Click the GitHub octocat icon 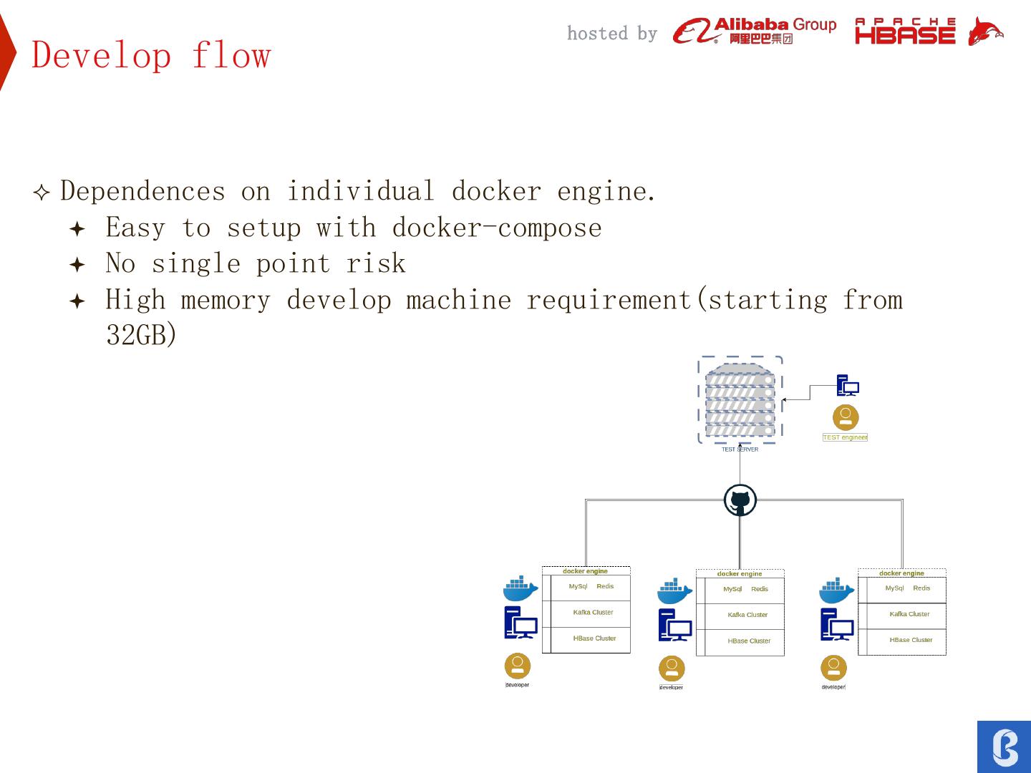tap(740, 500)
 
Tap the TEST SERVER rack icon tap(740, 400)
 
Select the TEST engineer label tap(845, 437)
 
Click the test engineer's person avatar tap(846, 417)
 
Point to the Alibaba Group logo tap(754, 31)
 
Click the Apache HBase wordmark tap(905, 31)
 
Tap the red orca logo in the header tap(984, 31)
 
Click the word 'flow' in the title tap(231, 55)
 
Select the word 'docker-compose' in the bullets tap(497, 228)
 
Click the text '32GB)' tap(141, 334)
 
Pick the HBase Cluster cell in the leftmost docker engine tap(594, 638)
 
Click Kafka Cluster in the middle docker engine tap(747, 615)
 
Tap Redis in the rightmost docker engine tap(921, 588)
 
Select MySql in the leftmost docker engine tap(578, 586)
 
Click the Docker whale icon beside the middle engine tap(674, 592)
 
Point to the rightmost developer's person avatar tap(833, 668)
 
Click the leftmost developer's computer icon tap(521, 623)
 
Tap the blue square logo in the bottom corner tap(1004, 747)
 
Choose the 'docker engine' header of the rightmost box tap(901, 573)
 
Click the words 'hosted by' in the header tap(611, 34)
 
